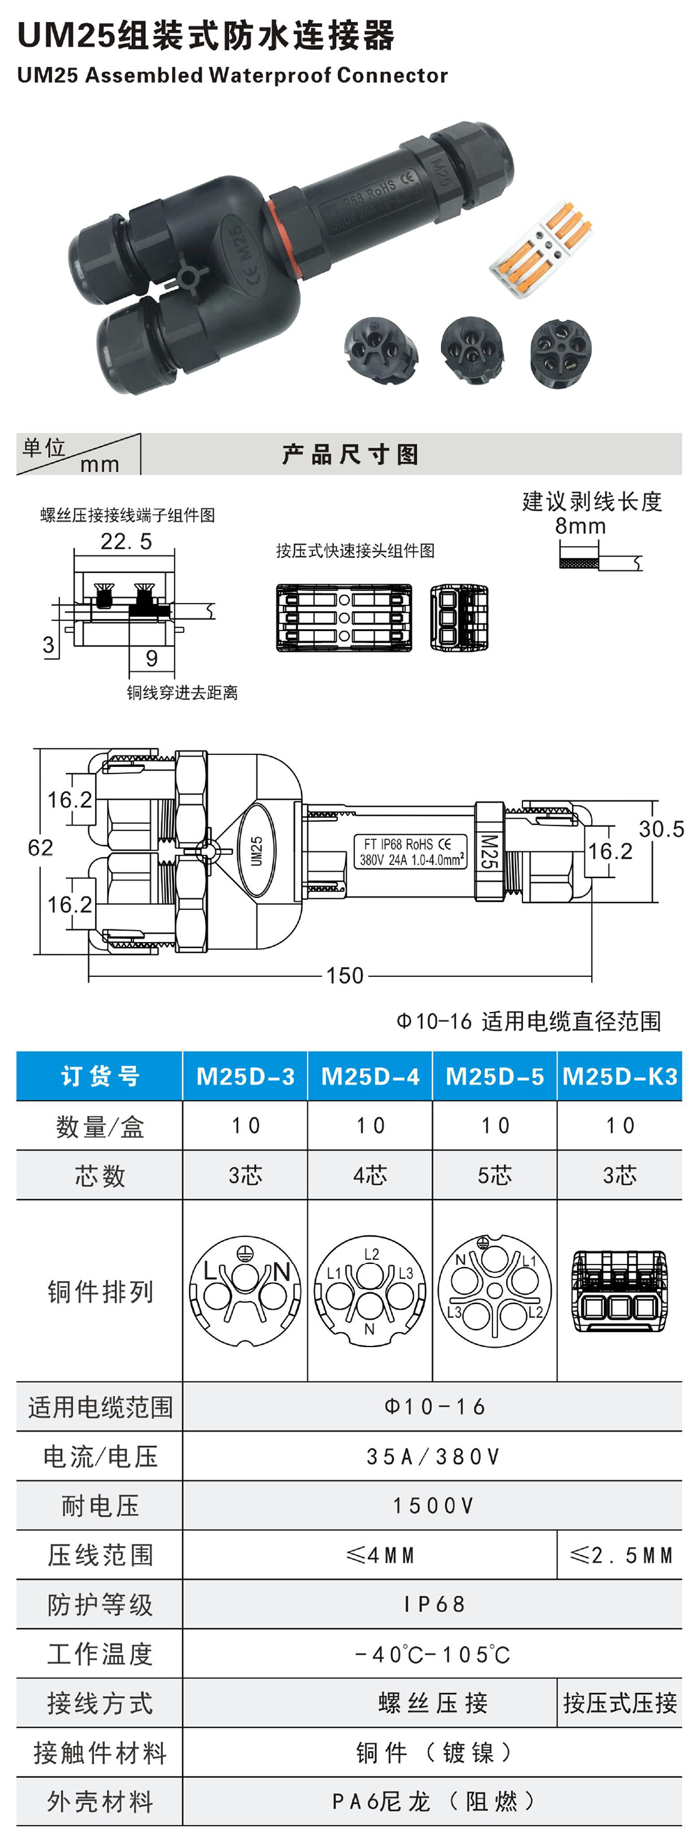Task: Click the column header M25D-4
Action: point(370,1076)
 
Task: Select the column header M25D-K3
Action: point(619,1076)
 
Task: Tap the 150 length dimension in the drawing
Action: point(345,975)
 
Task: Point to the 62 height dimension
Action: point(40,848)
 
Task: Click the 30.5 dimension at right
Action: point(661,829)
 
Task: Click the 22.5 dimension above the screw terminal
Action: point(126,542)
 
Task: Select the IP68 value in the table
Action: point(433,1604)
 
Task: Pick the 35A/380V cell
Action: point(433,1457)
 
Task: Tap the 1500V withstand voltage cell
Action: point(433,1506)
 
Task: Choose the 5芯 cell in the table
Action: point(494,1175)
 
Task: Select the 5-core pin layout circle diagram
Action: point(495,1290)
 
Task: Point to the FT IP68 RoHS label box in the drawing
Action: point(411,851)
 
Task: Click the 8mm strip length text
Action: point(580,527)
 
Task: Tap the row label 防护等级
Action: point(99,1604)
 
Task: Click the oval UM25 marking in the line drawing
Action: point(257,850)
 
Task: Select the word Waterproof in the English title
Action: point(271,75)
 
